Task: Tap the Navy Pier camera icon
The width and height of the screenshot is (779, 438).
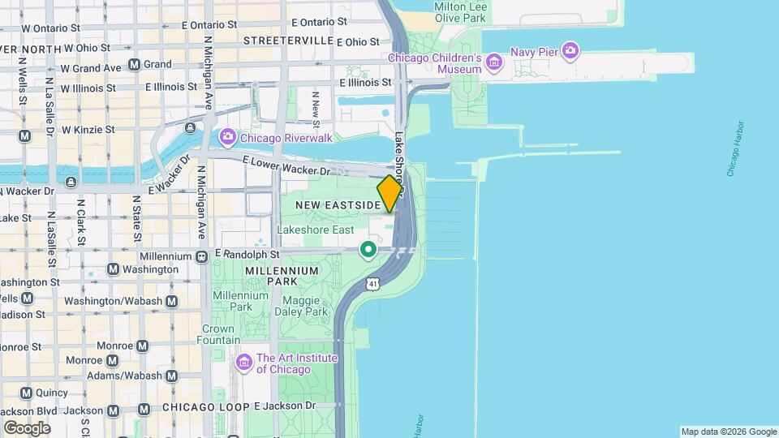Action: tap(570, 51)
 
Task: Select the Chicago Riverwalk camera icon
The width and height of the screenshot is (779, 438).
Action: tap(227, 137)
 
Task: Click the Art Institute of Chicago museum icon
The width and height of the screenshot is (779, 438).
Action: tap(243, 360)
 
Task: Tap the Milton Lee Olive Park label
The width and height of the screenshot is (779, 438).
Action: tap(460, 11)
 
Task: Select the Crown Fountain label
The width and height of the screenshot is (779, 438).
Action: tap(217, 335)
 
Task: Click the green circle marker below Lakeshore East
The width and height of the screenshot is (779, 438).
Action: tap(368, 249)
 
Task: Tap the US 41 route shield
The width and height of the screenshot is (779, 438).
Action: tap(372, 283)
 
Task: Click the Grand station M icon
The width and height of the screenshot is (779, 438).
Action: tap(134, 64)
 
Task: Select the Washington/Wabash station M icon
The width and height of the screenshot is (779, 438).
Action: tap(171, 301)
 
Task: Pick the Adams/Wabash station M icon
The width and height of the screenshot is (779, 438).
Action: tap(171, 376)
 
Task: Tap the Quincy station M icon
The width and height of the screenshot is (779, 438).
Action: tap(25, 393)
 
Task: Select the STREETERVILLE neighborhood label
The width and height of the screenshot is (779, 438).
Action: tap(288, 41)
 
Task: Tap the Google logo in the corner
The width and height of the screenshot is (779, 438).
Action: tap(26, 427)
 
